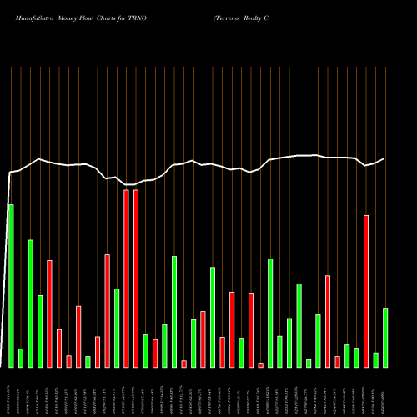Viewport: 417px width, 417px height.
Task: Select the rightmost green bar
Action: [384, 337]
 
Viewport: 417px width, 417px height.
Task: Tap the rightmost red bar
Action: [365, 291]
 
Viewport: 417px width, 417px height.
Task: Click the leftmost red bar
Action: [49, 314]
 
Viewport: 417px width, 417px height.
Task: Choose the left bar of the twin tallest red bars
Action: [127, 279]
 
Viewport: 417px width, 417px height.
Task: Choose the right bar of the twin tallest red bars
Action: [136, 279]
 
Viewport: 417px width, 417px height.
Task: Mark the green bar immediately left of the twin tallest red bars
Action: [117, 328]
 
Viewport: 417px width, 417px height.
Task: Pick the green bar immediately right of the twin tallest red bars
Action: [146, 350]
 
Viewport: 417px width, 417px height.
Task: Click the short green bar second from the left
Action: [21, 358]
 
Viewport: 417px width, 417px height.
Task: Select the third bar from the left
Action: [30, 304]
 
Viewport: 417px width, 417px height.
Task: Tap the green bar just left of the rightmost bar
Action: [375, 359]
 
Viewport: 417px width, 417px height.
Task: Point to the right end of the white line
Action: [384, 158]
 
